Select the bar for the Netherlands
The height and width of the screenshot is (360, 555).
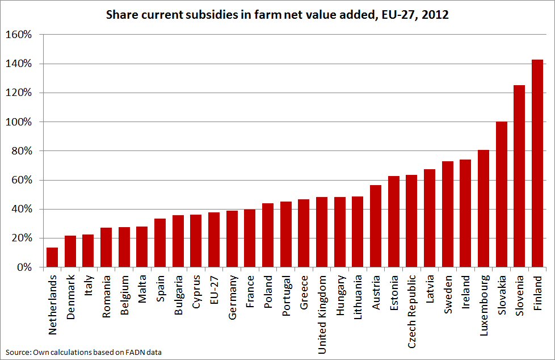tap(52, 257)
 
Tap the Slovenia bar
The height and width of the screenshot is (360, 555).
tap(519, 176)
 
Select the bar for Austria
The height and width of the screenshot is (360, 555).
tap(376, 226)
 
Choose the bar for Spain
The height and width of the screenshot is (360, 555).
tap(160, 243)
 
